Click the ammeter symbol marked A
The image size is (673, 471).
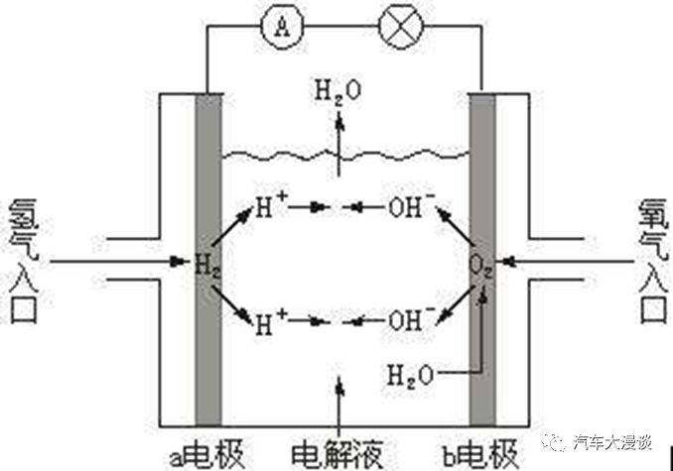pos(282,27)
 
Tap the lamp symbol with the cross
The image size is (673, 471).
pos(401,27)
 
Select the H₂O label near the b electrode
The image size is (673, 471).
pos(410,376)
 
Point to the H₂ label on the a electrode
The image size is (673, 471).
pos(207,265)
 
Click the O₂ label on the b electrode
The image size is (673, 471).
pos(480,266)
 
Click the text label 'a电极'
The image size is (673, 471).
pos(206,454)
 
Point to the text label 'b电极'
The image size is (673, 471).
pos(479,454)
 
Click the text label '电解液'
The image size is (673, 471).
pos(336,454)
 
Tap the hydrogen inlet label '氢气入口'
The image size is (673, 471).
pos(24,261)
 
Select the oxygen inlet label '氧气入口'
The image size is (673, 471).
pos(654,261)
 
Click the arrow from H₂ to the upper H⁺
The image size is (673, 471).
pos(231,227)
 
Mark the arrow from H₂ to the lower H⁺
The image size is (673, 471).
pos(231,303)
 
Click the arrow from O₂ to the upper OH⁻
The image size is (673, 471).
pos(456,227)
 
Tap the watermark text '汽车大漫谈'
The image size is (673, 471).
pos(612,442)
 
